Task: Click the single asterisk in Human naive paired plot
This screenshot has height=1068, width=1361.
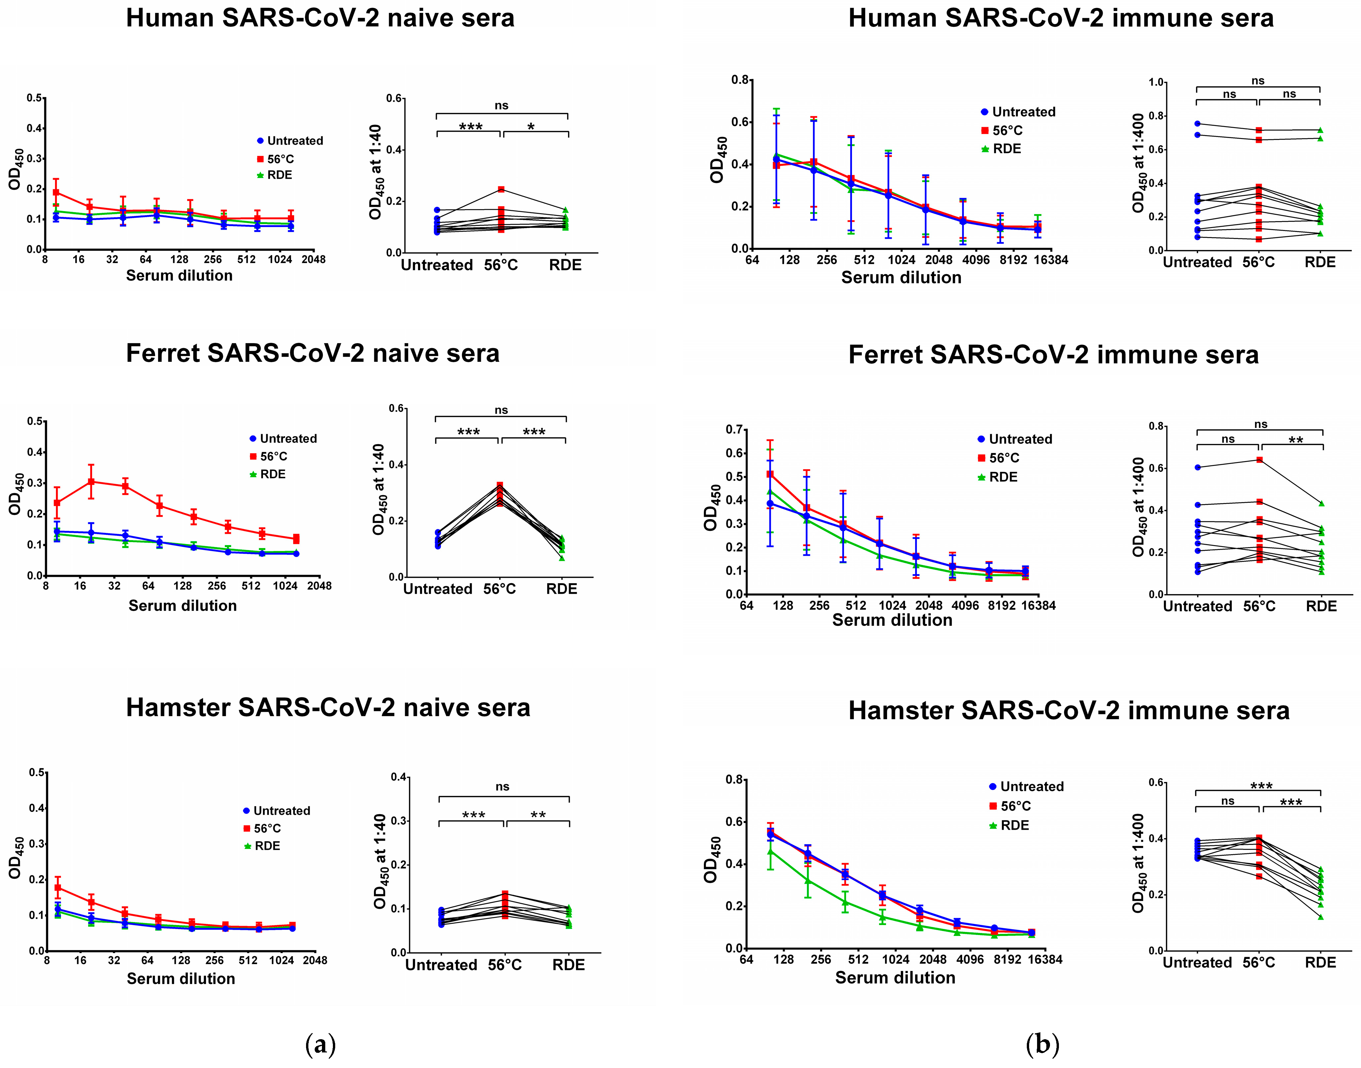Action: coord(531,127)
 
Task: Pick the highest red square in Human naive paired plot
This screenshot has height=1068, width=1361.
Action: coord(501,189)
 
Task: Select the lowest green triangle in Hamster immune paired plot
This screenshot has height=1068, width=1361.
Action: coord(1320,917)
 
